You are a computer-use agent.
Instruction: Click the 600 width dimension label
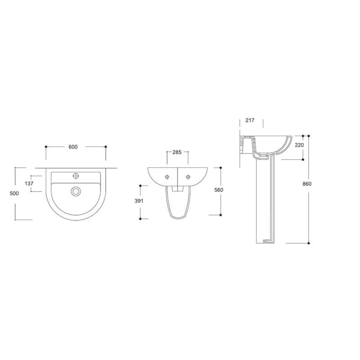(x=73, y=147)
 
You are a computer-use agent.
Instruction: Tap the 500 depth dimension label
(x=14, y=193)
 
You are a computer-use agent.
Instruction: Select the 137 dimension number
(x=29, y=184)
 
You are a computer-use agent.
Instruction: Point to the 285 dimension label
(x=177, y=152)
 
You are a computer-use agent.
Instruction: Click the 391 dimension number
(x=139, y=201)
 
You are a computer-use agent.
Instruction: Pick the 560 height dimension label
(x=219, y=190)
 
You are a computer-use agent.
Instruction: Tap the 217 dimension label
(x=250, y=120)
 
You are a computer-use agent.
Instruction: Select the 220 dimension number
(x=299, y=145)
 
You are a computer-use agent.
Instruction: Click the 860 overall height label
(x=307, y=184)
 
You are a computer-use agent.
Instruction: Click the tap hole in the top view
(x=76, y=176)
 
